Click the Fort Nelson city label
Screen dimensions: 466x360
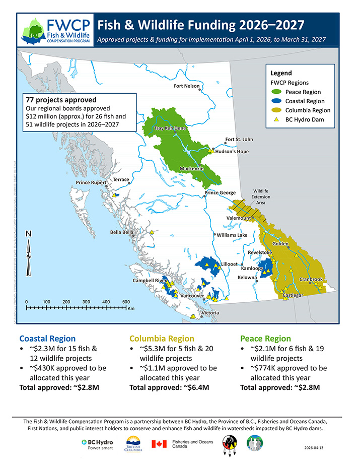[186, 86]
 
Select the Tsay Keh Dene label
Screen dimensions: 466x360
[170, 128]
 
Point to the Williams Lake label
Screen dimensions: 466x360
[232, 235]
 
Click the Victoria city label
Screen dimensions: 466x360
[209, 313]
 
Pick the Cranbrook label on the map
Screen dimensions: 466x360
[311, 279]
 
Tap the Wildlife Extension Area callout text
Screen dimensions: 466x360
[260, 196]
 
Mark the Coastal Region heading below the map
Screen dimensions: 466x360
[47, 339]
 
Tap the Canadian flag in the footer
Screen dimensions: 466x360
[160, 444]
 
